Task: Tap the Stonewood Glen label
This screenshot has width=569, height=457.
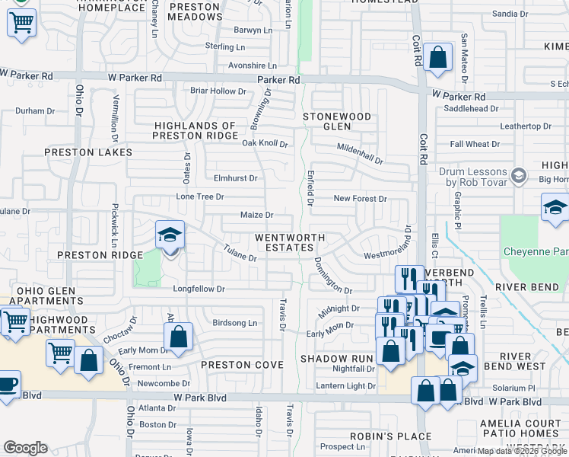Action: [x=337, y=122]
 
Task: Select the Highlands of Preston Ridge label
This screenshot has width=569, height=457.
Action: [x=195, y=130]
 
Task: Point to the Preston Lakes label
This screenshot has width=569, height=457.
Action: [x=88, y=152]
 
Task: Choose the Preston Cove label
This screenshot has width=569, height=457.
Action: [x=236, y=365]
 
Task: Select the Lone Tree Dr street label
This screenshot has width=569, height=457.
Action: [x=200, y=197]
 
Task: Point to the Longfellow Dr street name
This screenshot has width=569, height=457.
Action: [x=199, y=289]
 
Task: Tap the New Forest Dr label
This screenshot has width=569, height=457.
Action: [x=361, y=199]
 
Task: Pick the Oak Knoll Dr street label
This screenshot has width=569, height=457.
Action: [x=265, y=143]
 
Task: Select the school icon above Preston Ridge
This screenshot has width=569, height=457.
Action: [x=170, y=235]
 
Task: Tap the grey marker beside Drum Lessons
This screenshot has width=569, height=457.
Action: [x=519, y=176]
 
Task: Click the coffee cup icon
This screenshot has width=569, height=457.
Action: [x=7, y=384]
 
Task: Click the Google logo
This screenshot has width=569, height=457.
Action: [x=25, y=448]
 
